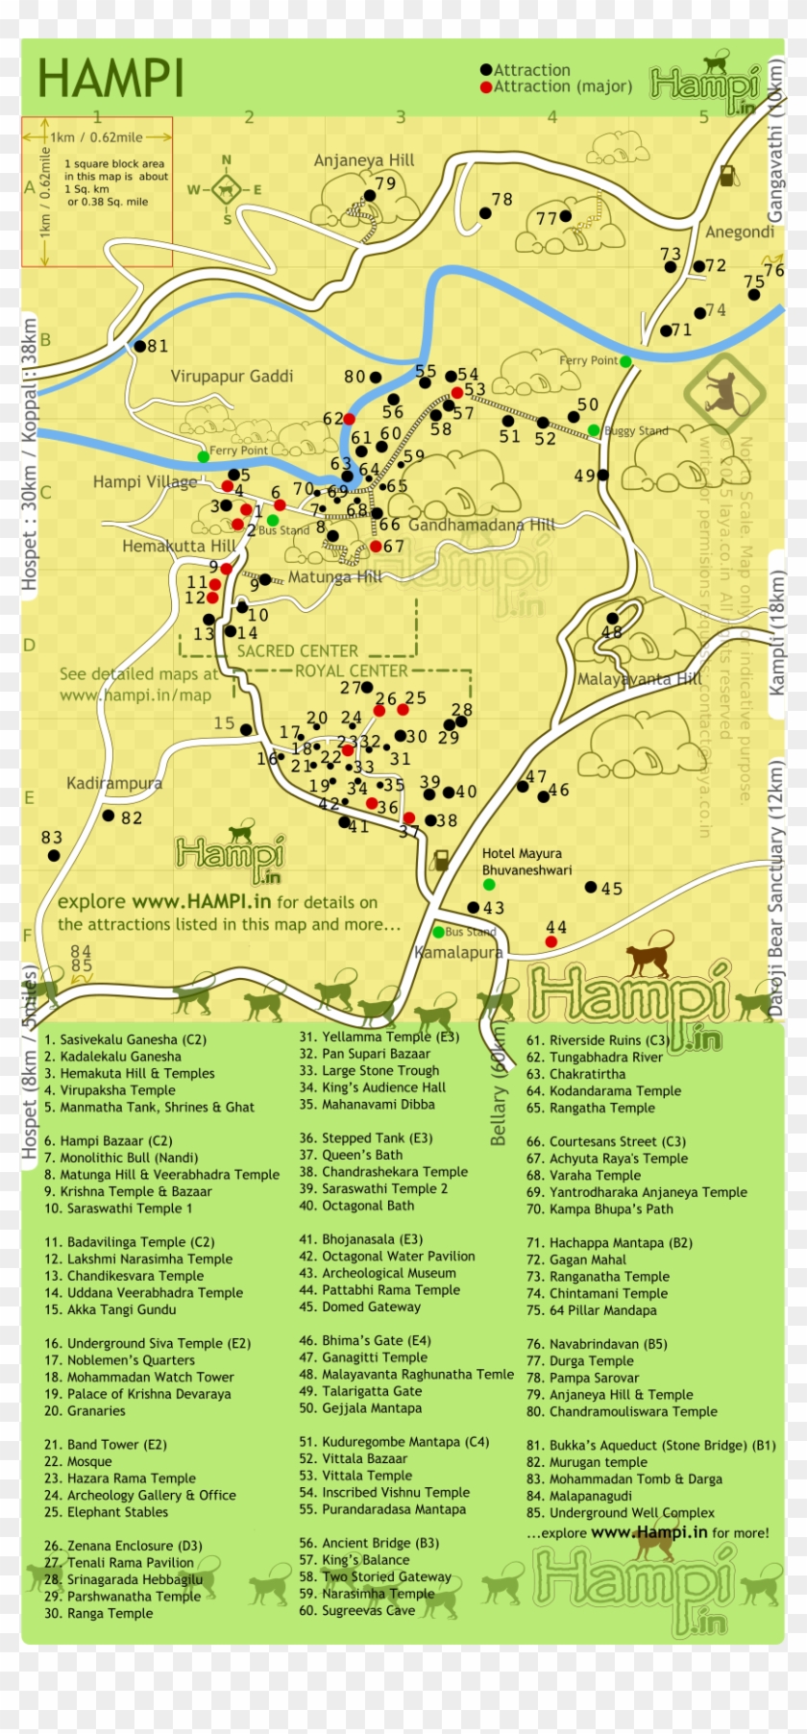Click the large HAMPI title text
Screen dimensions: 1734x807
(110, 79)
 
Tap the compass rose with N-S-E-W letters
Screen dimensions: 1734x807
(227, 189)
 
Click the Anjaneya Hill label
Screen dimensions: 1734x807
(364, 160)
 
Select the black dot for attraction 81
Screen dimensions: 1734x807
(140, 346)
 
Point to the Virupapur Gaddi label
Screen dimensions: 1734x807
(232, 376)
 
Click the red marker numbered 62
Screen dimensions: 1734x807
(350, 419)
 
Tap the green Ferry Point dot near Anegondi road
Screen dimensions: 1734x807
(625, 361)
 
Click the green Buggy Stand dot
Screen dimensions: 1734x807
(594, 430)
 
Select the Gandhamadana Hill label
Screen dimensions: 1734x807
(481, 525)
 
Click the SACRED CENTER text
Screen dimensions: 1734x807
(297, 650)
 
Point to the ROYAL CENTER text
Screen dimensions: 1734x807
(351, 671)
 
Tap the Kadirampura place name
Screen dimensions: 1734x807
(114, 783)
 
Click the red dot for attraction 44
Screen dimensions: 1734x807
(550, 941)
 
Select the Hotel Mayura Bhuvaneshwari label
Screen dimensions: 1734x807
(526, 862)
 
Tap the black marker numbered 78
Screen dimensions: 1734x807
(485, 213)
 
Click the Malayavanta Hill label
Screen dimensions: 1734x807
(639, 679)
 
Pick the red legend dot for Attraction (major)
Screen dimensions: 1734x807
(486, 86)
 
